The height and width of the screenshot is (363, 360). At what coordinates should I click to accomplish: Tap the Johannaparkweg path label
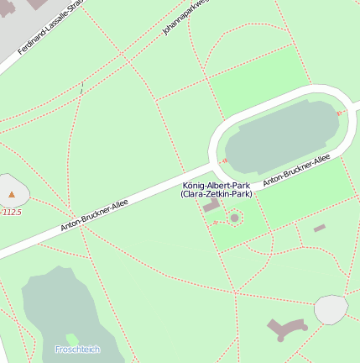click(185, 18)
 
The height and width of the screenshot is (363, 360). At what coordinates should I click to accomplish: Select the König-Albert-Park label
click(216, 185)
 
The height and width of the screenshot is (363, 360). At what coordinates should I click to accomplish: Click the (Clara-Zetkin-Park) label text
click(216, 194)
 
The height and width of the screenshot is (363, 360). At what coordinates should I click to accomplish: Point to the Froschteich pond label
click(77, 349)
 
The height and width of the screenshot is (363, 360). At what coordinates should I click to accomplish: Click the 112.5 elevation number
click(12, 213)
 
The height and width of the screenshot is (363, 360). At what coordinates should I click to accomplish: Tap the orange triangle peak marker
click(12, 195)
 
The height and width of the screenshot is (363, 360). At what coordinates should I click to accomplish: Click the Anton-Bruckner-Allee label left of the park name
click(94, 215)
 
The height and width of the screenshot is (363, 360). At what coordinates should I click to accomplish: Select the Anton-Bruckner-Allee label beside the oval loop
click(296, 170)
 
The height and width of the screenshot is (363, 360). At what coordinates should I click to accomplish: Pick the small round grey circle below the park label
click(235, 218)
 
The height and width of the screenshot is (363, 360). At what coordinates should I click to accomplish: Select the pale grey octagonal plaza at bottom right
click(331, 309)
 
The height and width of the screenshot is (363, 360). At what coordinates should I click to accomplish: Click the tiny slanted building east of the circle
click(319, 228)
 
